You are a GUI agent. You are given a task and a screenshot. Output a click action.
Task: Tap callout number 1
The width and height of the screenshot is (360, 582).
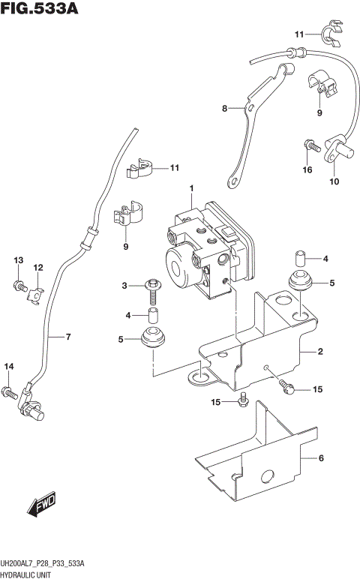pos(192,187)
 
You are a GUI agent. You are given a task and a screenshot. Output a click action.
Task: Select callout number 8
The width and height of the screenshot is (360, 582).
pos(223,109)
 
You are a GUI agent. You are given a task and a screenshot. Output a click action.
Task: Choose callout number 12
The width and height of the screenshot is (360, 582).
pos(37,267)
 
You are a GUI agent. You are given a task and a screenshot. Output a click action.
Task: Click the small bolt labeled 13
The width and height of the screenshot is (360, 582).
pos(18,285)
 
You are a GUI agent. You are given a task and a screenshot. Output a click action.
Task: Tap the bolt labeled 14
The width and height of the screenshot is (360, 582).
pos(9,391)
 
